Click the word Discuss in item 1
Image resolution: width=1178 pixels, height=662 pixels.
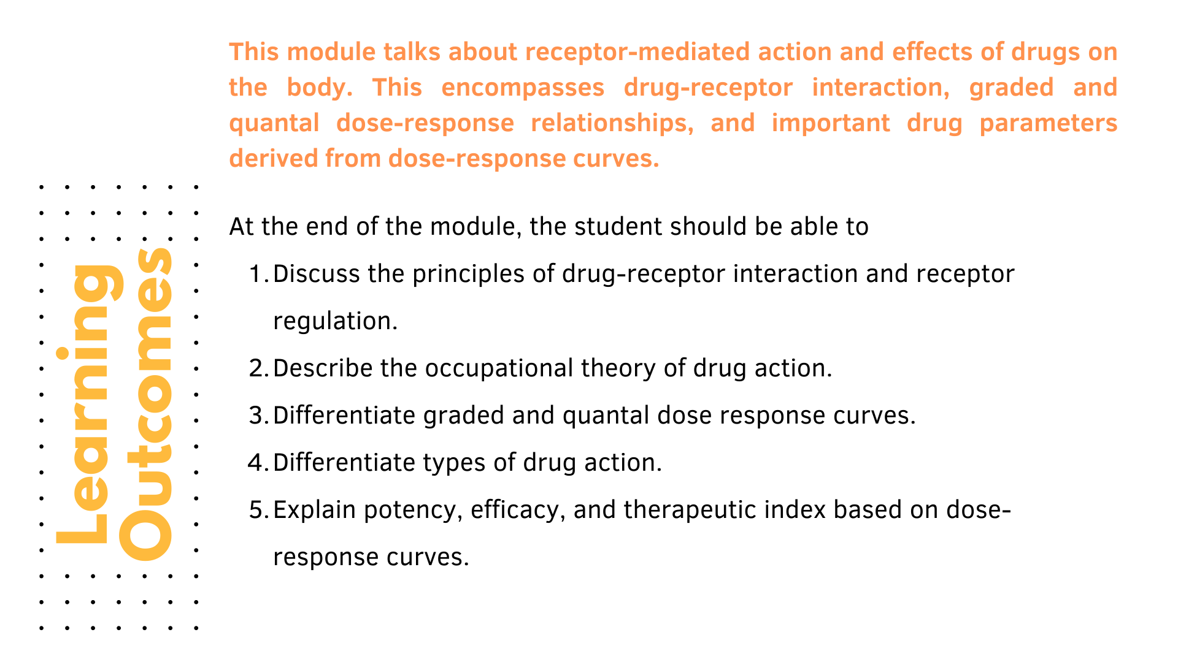[317, 274]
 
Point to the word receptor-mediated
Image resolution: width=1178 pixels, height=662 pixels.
[637, 52]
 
